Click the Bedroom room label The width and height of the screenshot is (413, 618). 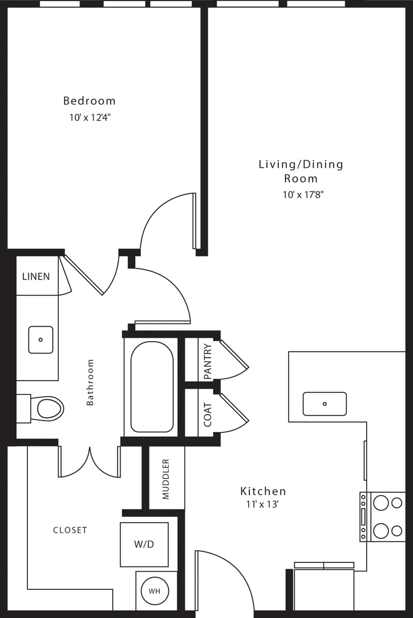(x=89, y=101)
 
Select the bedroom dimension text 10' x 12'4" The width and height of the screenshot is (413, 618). (x=90, y=117)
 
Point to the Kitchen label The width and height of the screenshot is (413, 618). (x=263, y=492)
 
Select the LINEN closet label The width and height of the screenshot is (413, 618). (x=36, y=277)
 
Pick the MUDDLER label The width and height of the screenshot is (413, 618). (x=166, y=479)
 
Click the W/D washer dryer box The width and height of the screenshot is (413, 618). (x=144, y=544)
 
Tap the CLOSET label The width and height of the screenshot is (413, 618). (x=70, y=530)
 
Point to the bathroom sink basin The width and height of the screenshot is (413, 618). (x=41, y=340)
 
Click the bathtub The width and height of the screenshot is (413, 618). (x=152, y=387)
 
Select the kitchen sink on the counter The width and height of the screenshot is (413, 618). (x=325, y=404)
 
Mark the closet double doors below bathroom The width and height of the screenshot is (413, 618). (x=90, y=462)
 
